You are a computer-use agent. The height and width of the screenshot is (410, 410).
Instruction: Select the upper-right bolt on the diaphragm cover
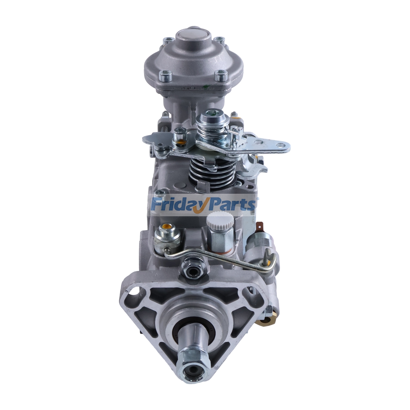pos(218,40)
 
